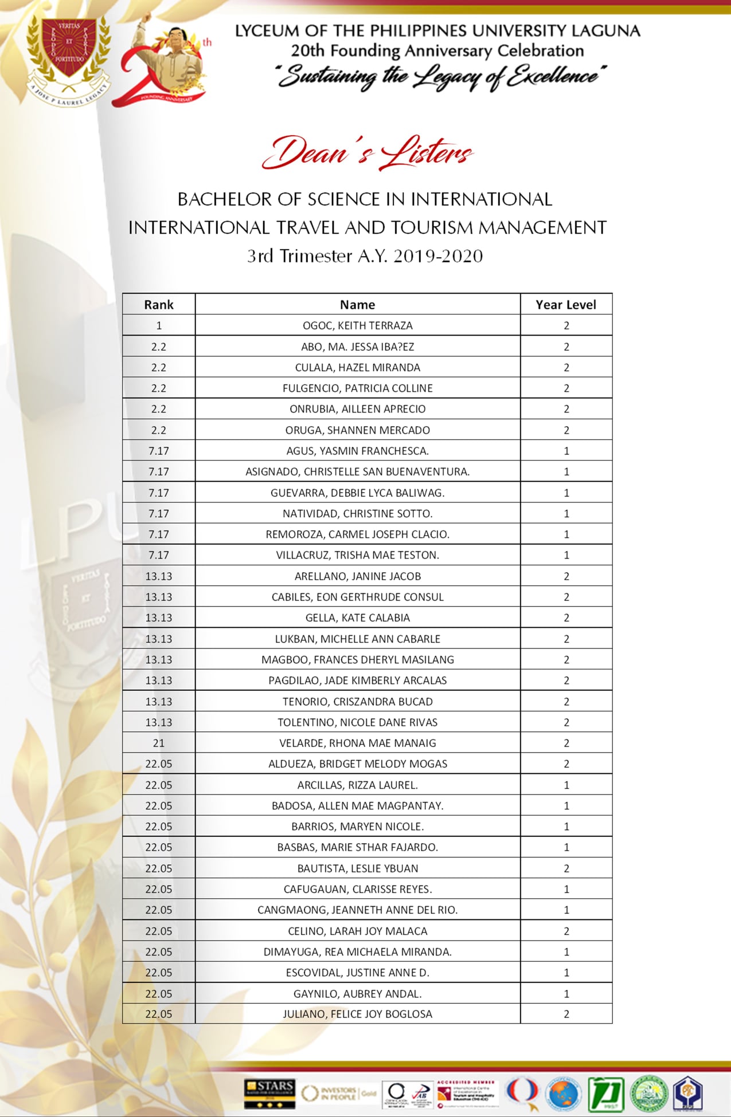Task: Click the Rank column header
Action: coord(159,305)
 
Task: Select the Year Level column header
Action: coord(566,305)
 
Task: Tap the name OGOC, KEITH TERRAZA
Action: coord(357,325)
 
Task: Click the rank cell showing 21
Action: coord(159,743)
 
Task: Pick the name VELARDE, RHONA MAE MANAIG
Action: coord(357,743)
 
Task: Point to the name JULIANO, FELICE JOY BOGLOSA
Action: coord(357,1014)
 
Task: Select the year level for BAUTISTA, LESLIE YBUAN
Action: coord(566,868)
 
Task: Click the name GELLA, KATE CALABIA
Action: coord(357,618)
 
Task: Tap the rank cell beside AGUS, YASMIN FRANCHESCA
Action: coord(159,451)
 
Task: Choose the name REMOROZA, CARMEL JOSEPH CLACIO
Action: coord(357,534)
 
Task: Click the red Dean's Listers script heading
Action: coord(367,154)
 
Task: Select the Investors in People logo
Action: coord(338,1093)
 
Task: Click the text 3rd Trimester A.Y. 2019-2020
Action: coord(365,255)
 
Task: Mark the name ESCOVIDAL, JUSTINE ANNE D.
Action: coord(357,973)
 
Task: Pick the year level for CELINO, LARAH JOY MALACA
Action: coord(566,931)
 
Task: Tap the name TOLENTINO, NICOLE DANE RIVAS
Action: coord(357,722)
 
